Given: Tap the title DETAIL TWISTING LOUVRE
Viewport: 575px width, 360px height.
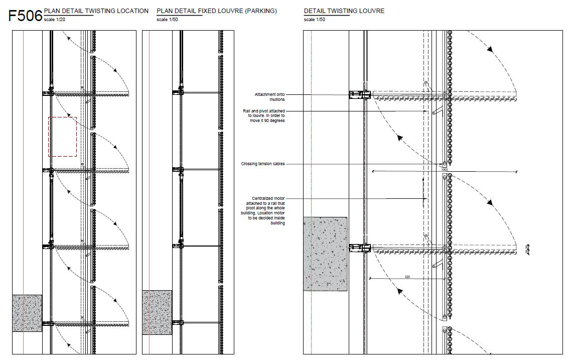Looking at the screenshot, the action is pyautogui.click(x=344, y=11).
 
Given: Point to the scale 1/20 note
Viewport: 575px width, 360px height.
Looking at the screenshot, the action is pyautogui.click(x=55, y=20).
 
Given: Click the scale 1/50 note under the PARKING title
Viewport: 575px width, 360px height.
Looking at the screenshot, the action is pyautogui.click(x=167, y=20).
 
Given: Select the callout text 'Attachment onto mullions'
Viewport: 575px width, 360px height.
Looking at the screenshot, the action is pyautogui.click(x=269, y=97).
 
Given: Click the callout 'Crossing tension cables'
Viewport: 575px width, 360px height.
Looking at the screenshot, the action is pyautogui.click(x=262, y=164).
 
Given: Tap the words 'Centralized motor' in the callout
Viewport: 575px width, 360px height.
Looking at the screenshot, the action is pyautogui.click(x=269, y=199).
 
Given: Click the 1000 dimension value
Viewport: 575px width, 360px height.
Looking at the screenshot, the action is pyautogui.click(x=444, y=170).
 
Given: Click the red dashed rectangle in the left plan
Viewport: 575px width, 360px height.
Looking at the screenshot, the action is pyautogui.click(x=62, y=137).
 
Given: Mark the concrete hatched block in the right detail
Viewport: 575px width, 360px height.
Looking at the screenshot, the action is pyautogui.click(x=325, y=254).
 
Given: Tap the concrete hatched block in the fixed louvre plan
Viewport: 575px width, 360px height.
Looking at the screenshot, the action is pyautogui.click(x=157, y=312).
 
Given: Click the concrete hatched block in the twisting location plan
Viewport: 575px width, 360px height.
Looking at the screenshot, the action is pyautogui.click(x=27, y=313).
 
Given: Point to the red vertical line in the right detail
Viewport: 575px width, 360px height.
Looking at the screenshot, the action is pyautogui.click(x=312, y=151).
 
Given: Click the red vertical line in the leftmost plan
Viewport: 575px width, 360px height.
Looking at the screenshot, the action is pyautogui.click(x=23, y=151).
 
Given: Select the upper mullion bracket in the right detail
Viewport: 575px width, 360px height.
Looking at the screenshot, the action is pyautogui.click(x=359, y=94).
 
